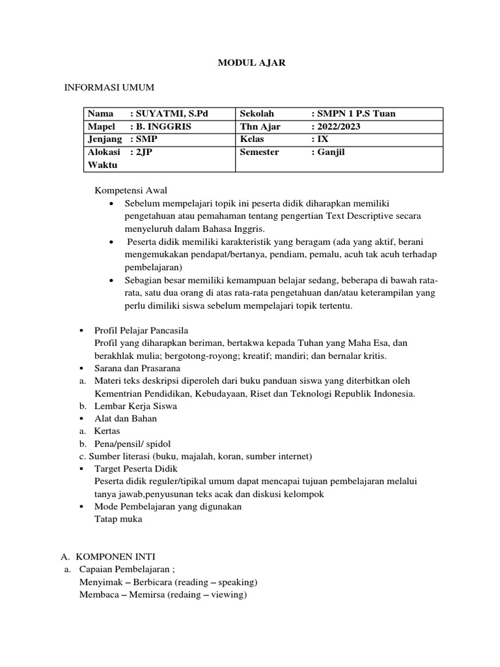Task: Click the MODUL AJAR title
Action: click(x=251, y=64)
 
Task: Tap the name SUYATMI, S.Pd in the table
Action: click(x=165, y=113)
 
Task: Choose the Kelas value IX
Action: click(x=320, y=139)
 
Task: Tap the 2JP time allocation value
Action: click(x=144, y=152)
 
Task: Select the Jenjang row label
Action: click(x=105, y=139)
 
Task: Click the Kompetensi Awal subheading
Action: click(x=132, y=191)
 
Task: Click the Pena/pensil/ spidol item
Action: click(x=128, y=444)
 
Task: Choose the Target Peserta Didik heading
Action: click(x=135, y=468)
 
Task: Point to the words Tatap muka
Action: click(x=118, y=519)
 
